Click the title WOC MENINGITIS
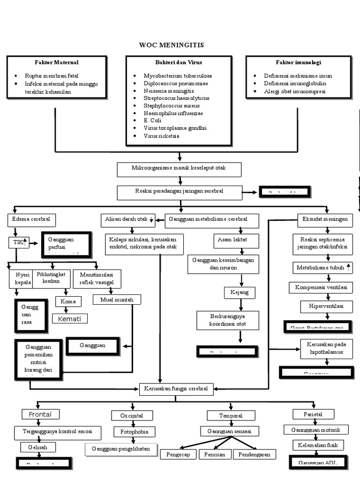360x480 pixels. [172, 45]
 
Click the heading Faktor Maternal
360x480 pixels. [57, 62]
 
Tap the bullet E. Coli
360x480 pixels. [152, 120]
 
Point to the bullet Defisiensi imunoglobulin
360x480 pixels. [295, 83]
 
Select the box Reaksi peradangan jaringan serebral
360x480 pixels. [179, 192]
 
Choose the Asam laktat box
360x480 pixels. [232, 240]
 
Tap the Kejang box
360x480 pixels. [240, 292]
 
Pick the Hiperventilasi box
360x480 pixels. [326, 307]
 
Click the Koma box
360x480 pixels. [68, 301]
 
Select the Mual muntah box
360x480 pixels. [117, 300]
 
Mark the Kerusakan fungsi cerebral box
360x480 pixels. [176, 388]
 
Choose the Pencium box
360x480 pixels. [215, 454]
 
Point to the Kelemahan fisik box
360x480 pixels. [318, 444]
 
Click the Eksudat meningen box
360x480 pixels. [325, 219]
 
